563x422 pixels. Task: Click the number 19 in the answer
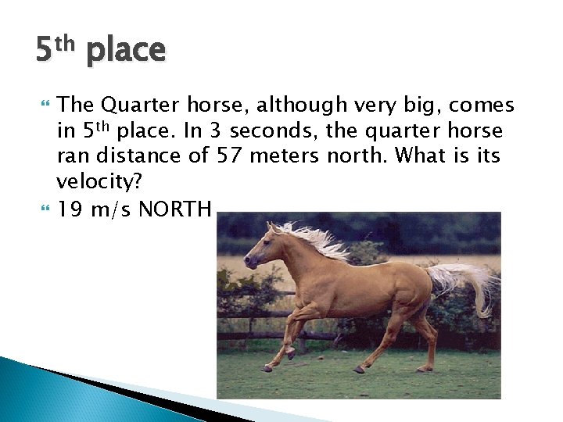70,209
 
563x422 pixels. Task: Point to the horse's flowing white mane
317,238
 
